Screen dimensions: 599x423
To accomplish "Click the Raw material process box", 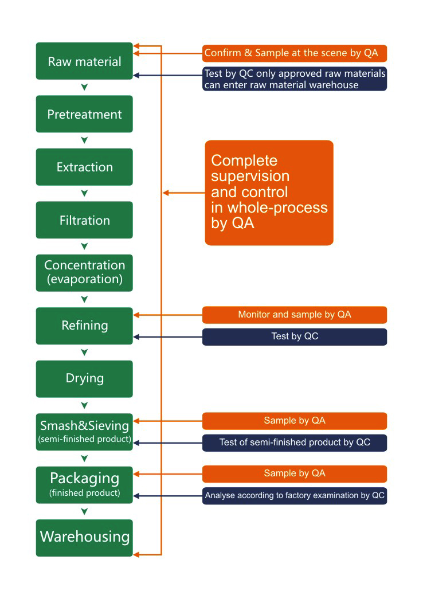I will click(84, 61).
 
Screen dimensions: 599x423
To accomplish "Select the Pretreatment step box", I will click(84, 114).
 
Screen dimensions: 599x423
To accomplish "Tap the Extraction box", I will click(84, 167).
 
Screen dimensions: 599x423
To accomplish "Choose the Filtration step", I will click(84, 220).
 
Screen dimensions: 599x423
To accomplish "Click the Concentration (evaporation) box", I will click(84, 272).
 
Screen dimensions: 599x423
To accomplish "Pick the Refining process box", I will click(84, 326).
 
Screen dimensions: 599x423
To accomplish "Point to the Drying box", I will click(84, 378).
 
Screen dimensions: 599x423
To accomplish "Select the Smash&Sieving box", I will click(84, 432).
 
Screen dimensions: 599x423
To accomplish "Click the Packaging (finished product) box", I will click(84, 484).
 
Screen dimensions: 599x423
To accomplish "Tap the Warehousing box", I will click(84, 537).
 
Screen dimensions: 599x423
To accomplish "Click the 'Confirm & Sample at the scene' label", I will click(295, 53).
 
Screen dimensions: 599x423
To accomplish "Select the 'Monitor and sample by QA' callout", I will click(295, 315).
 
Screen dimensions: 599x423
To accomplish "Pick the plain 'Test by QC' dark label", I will click(295, 336).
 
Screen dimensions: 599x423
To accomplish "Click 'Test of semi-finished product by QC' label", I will click(295, 443).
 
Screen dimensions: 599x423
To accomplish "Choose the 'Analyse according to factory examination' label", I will click(295, 496).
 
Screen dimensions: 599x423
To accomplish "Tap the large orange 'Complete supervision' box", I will click(269, 193).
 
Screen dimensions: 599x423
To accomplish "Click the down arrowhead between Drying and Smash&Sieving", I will click(84, 405).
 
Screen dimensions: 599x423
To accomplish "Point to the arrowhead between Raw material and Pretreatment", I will click(84, 87).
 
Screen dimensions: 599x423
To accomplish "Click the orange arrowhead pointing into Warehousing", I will click(137, 554).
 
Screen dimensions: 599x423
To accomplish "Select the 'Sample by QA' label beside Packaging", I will click(295, 473).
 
